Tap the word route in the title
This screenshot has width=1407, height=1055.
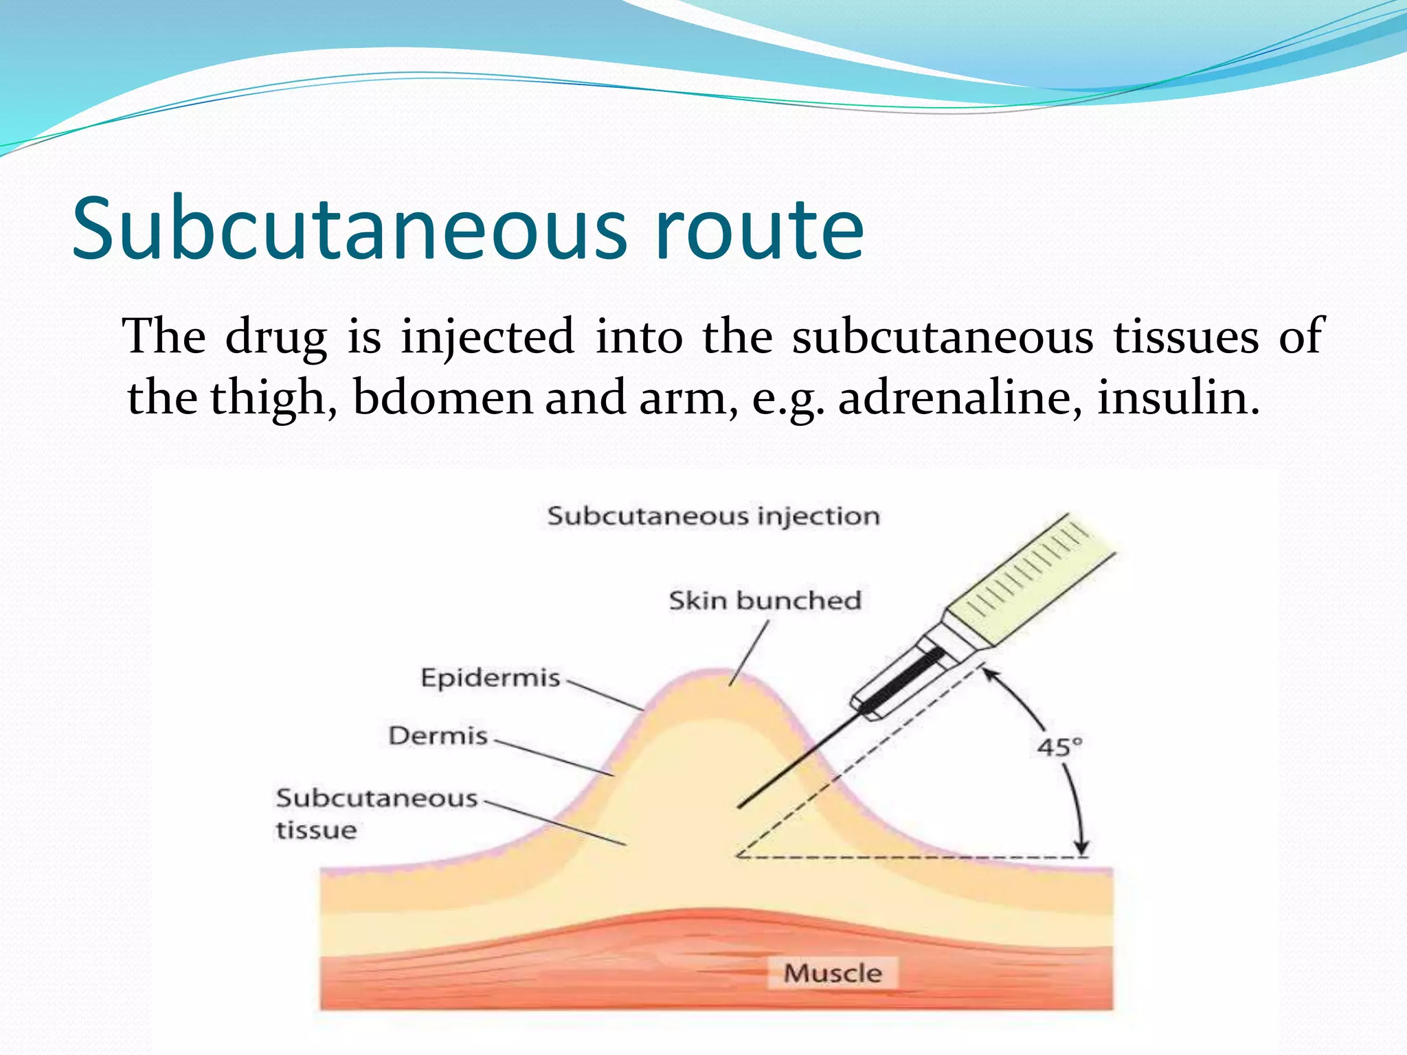click(759, 230)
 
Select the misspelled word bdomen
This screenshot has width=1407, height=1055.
click(442, 398)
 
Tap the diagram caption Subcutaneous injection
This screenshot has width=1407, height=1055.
click(713, 516)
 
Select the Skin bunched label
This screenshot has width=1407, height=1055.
click(765, 600)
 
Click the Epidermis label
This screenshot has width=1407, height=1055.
click(491, 678)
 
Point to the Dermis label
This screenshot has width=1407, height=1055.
click(438, 736)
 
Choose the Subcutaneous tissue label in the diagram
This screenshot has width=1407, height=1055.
click(376, 813)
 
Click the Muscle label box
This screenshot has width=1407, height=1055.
click(832, 973)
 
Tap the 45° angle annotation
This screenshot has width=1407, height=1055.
click(1059, 747)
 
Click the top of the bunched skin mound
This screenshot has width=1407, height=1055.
click(718, 673)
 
